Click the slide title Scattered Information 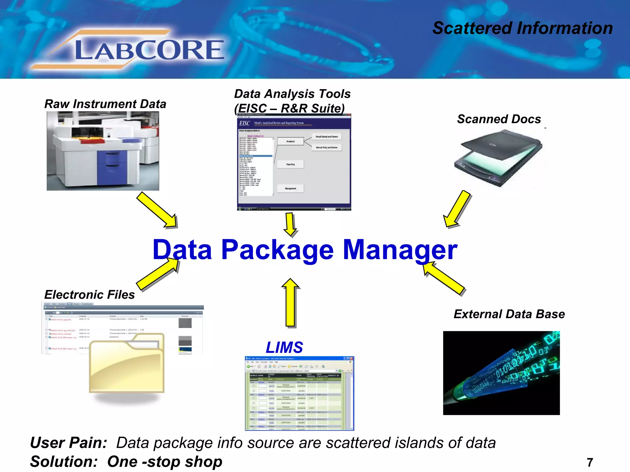click(522, 28)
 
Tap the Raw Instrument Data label click(105, 104)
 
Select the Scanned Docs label click(499, 119)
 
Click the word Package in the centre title click(277, 250)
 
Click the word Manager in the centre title click(400, 250)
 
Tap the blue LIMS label click(284, 348)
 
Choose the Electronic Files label click(90, 295)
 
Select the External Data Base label click(509, 314)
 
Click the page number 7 click(590, 462)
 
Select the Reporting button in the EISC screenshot click(290, 164)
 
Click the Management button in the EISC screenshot click(290, 188)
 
